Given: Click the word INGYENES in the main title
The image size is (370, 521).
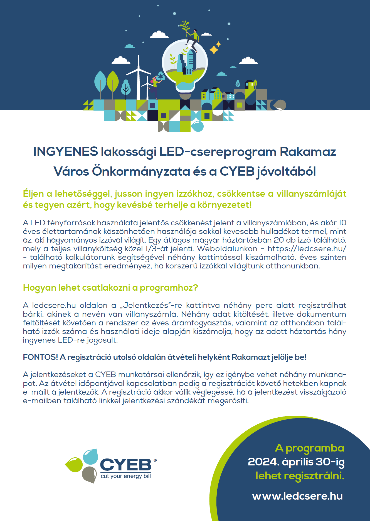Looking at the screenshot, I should point(65,152).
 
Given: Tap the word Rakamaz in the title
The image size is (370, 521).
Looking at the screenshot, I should point(308,152).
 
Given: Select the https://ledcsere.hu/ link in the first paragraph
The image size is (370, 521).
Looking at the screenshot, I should point(307,249).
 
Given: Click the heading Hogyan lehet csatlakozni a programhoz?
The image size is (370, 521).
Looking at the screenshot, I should point(110,288).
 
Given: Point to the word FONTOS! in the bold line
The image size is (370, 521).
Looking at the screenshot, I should point(40,357).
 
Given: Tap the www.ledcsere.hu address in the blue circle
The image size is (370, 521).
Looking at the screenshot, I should point(297,496).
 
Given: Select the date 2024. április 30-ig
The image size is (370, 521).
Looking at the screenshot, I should point(296,462).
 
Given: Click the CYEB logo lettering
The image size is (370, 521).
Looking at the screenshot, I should point(125,465).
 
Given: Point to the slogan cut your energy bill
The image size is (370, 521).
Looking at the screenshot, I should point(126,476).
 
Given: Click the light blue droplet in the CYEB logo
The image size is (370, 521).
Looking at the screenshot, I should point(91,457).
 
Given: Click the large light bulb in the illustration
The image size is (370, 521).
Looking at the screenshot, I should point(185,67).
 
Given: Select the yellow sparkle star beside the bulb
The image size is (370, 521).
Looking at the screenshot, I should point(214,50).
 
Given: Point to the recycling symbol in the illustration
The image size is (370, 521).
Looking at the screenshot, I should point(161,76).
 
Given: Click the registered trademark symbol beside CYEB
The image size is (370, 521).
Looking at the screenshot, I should point(155,460).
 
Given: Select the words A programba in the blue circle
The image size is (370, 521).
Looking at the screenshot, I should point(309,448).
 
